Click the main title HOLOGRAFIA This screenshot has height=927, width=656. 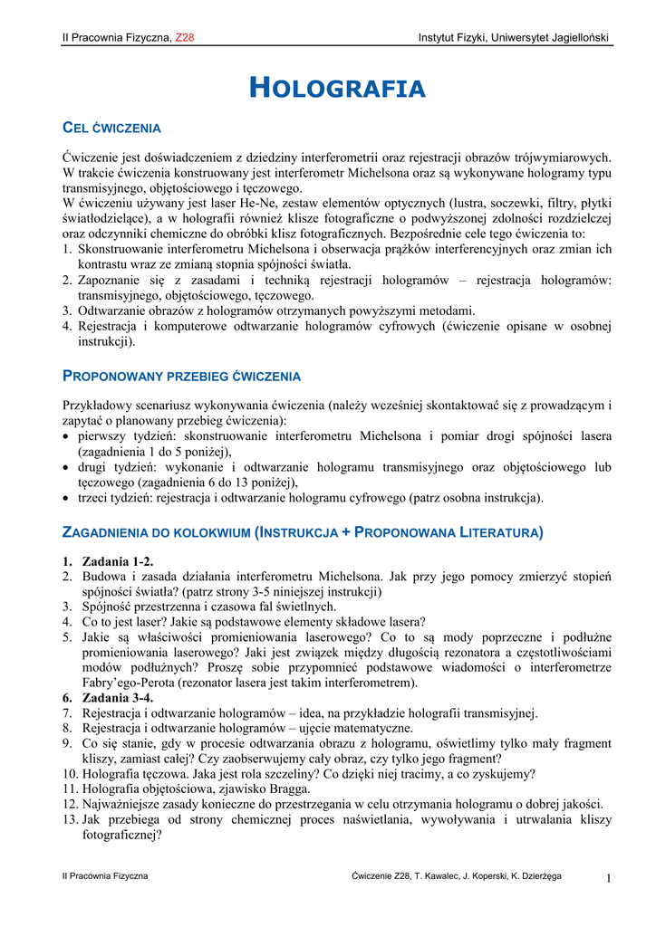pos(336,88)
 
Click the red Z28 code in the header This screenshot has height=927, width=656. pos(185,37)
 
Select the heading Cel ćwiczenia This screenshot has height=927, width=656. pos(111,128)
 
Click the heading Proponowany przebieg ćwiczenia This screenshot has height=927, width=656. pos(181,376)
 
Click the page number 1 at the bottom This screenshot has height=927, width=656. pos(610,878)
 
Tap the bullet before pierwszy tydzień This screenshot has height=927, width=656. pos(67,436)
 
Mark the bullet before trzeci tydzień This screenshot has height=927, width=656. pos(67,498)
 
